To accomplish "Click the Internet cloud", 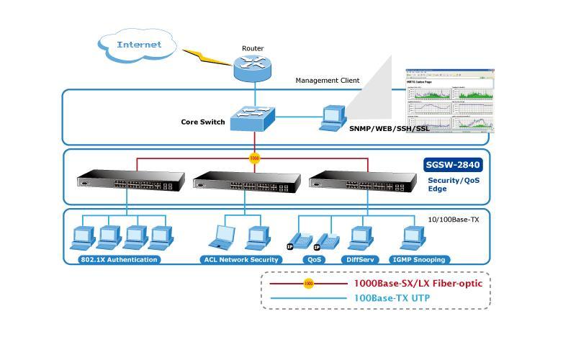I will coord(139,45).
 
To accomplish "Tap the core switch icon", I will coord(253,117).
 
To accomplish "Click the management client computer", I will coord(333,117).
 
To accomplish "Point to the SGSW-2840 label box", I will coord(454,165).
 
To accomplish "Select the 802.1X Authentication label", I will coord(120,259).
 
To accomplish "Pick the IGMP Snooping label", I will coord(418,259).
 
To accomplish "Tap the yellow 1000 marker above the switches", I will coord(254,158).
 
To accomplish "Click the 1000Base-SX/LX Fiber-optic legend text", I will coord(418,284).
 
